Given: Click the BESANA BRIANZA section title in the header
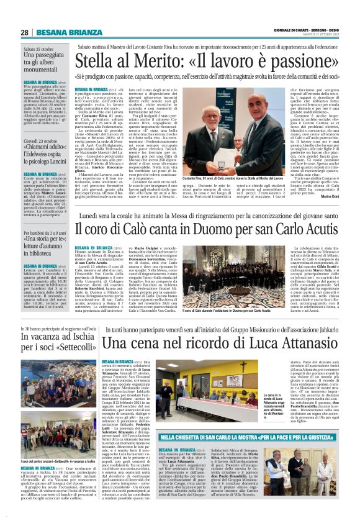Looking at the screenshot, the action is click(x=60, y=32).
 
